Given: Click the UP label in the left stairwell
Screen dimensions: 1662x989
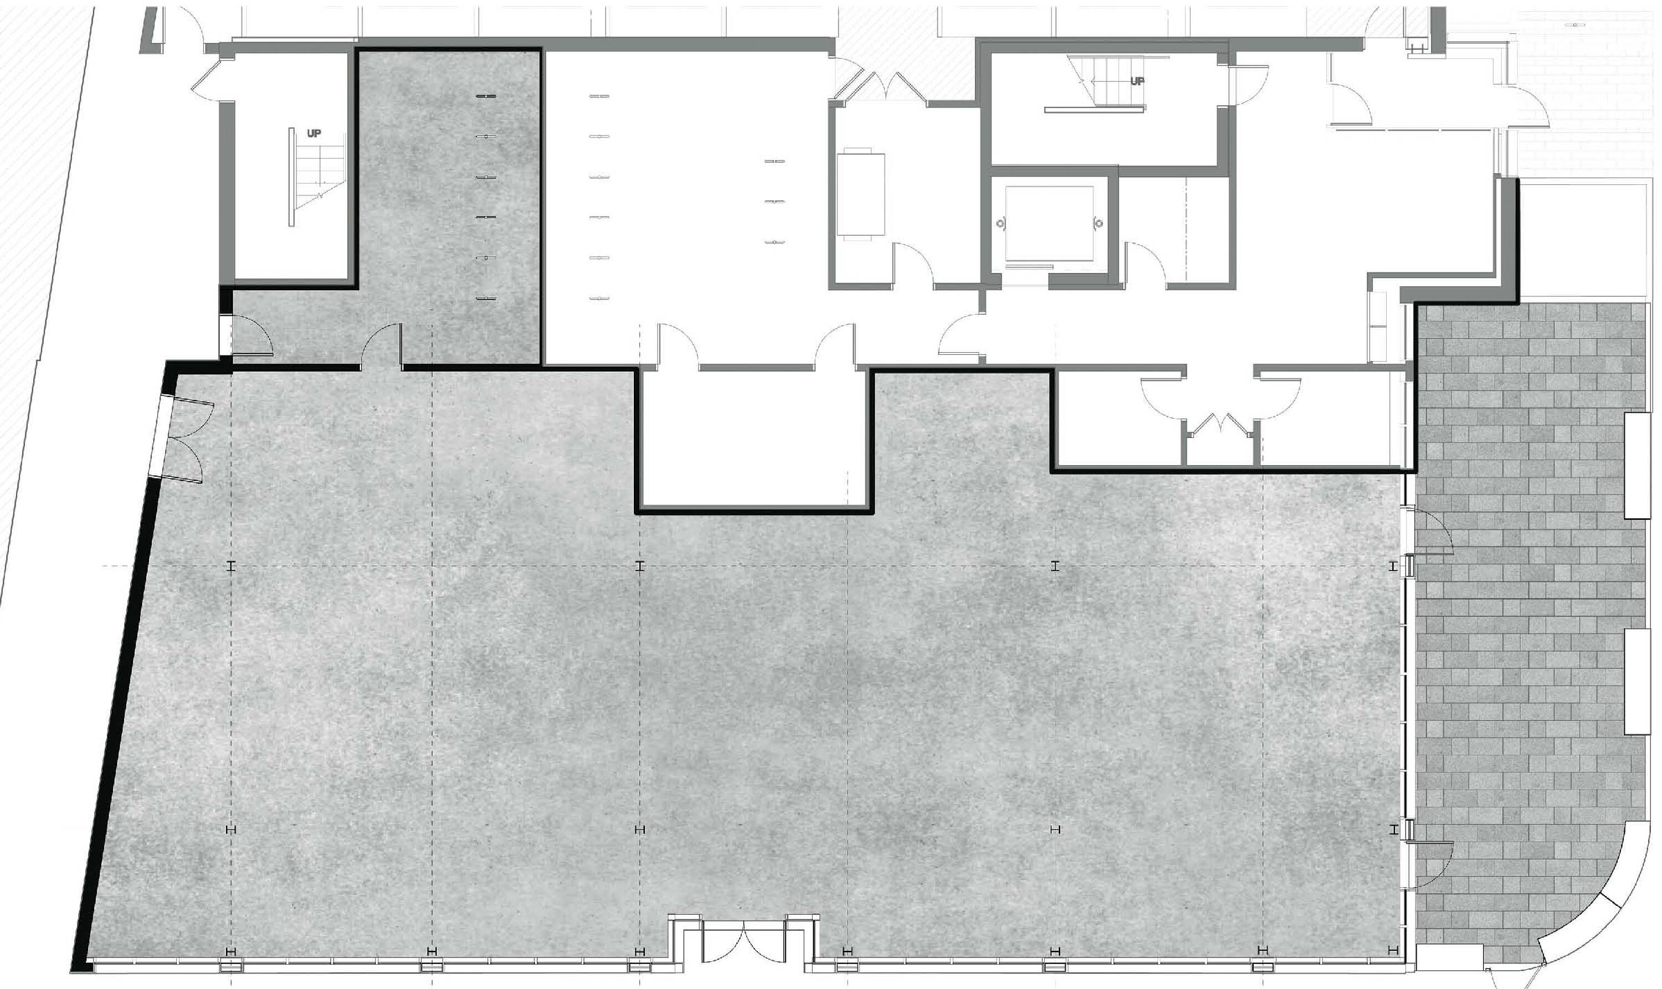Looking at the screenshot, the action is (x=314, y=133).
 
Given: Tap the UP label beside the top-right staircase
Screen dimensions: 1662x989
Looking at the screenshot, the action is (x=1137, y=81).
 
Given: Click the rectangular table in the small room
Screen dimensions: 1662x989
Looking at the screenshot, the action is (x=861, y=194).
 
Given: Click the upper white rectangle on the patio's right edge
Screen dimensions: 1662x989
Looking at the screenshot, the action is (x=1637, y=465).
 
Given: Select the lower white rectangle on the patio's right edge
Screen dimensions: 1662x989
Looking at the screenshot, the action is (x=1637, y=681).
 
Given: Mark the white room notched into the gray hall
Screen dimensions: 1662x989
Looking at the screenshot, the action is (x=754, y=438).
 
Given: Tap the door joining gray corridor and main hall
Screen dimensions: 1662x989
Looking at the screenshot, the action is (x=381, y=346).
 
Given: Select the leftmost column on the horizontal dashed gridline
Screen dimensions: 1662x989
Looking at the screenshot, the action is (x=232, y=566).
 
